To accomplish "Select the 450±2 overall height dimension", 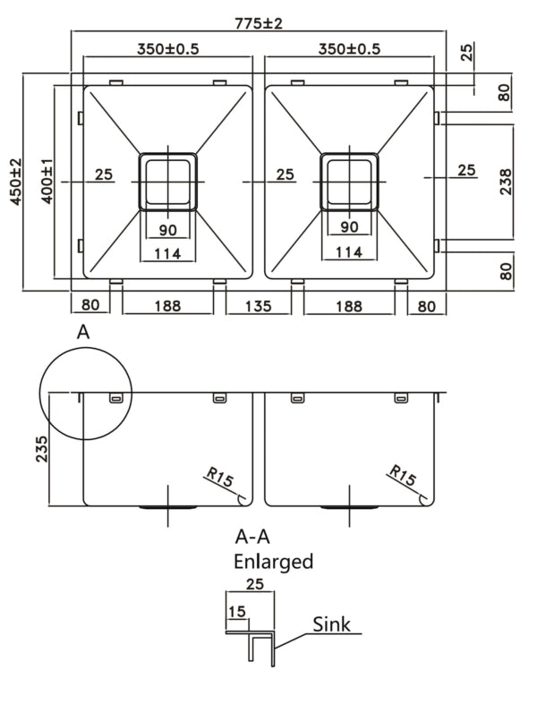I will [x=15, y=182].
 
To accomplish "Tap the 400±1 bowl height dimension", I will [x=45, y=182].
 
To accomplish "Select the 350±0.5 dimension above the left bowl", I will [x=166, y=48].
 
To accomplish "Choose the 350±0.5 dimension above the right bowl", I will [x=349, y=48].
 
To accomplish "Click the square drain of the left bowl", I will [x=166, y=182].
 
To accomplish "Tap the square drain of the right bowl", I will [x=349, y=182].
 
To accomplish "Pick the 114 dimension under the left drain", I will [x=166, y=254].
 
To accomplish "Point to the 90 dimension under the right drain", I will [x=349, y=228].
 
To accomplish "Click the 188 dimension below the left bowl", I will [x=166, y=306].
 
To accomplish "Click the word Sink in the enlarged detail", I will [x=332, y=624].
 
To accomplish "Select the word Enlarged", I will [x=273, y=562].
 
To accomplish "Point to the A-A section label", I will [x=253, y=538].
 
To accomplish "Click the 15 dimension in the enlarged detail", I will [x=236, y=612].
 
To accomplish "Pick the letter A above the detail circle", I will [x=83, y=333].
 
